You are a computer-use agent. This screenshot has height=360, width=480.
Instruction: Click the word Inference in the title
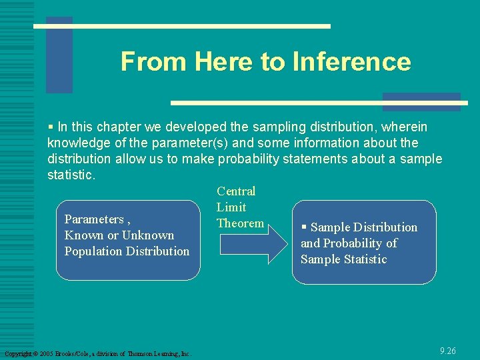[x=351, y=62]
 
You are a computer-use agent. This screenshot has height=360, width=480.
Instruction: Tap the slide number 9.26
[x=447, y=351]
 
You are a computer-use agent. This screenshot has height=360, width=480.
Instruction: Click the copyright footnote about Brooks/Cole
[x=97, y=353]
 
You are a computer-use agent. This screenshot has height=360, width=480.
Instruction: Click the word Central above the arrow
[x=236, y=191]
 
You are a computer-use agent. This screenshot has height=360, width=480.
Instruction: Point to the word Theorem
[x=240, y=223]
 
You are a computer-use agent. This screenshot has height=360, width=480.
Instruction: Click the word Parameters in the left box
[x=94, y=219]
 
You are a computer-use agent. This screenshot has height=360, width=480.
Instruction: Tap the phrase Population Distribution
[x=127, y=251]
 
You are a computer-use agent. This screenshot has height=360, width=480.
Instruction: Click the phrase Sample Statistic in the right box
[x=343, y=259]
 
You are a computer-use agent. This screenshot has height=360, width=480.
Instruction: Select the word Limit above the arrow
[x=231, y=207]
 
